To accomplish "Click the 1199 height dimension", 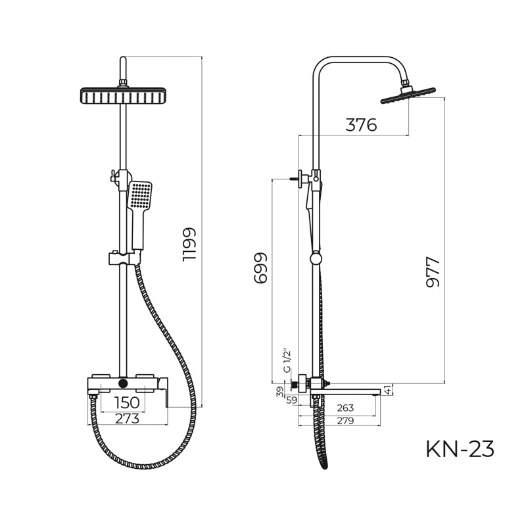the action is pos(189,245).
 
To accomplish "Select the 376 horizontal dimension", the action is pos(361,125).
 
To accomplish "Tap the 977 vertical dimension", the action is pos(433,272).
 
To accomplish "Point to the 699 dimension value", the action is pos(260,268).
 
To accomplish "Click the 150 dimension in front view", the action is pos(127,402).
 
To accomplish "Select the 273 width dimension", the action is pos(127,418).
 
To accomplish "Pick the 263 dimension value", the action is pos(345,408).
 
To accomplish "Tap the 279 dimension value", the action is pos(345,420).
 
